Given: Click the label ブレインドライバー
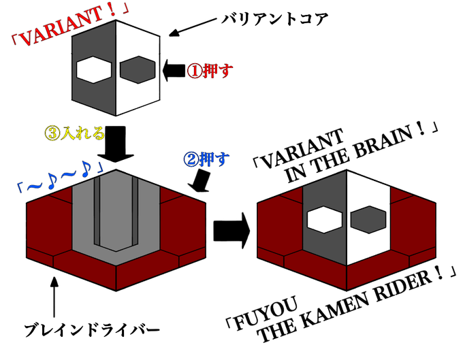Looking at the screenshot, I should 91,331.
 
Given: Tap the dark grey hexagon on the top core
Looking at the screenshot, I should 136,69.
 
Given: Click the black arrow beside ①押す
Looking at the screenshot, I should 174,70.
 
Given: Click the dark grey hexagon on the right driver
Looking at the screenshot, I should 368,218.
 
